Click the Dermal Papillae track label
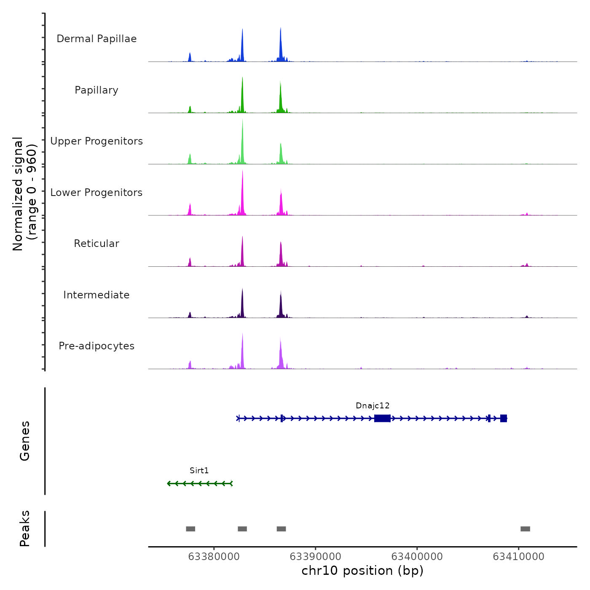click(97, 39)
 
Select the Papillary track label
click(97, 90)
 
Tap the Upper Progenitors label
click(97, 141)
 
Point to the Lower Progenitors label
click(97, 193)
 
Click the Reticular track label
click(97, 244)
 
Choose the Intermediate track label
click(97, 295)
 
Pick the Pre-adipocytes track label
click(97, 346)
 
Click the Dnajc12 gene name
click(373, 406)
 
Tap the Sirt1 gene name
click(199, 471)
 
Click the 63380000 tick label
click(214, 557)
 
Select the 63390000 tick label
click(316, 557)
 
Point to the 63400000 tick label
click(417, 557)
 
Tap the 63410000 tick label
click(519, 557)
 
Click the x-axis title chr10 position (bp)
click(362, 571)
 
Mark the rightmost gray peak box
click(525, 529)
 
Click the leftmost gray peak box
click(190, 529)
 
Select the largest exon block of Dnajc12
click(382, 418)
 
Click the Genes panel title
click(25, 441)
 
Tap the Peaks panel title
click(25, 528)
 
